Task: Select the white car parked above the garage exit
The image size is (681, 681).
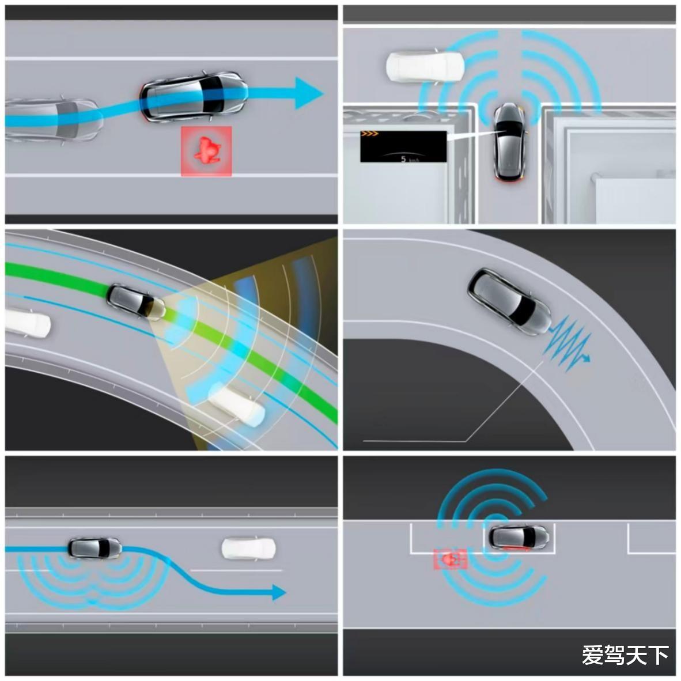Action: pyautogui.click(x=425, y=66)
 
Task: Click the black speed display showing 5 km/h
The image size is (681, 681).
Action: pyautogui.click(x=403, y=146)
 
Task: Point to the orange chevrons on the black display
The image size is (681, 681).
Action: pyautogui.click(x=370, y=134)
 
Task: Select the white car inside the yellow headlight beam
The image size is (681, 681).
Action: pyautogui.click(x=237, y=406)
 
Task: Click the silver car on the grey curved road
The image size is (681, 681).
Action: pyautogui.click(x=509, y=301)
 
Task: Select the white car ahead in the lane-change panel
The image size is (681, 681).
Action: pyautogui.click(x=248, y=548)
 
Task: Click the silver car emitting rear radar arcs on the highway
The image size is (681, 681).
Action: pyautogui.click(x=94, y=548)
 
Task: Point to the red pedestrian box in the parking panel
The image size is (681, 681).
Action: pyautogui.click(x=451, y=559)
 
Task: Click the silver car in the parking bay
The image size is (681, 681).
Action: pyautogui.click(x=519, y=537)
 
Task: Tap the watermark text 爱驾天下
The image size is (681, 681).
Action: pyautogui.click(x=625, y=655)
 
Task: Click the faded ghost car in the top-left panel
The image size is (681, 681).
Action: pyautogui.click(x=52, y=118)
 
